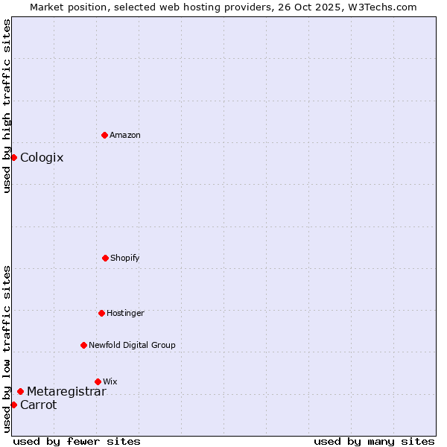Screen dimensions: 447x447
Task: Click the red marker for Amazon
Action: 105,135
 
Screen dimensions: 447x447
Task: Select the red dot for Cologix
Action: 13,157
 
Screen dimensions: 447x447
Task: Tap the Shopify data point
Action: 105,258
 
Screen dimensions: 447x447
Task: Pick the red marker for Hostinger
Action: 101,313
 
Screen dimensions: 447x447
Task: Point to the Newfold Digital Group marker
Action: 83,345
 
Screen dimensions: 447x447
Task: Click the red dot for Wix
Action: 98,381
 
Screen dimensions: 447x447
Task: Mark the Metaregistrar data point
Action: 20,391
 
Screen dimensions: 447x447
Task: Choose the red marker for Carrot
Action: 13,405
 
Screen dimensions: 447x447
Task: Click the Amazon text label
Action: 125,135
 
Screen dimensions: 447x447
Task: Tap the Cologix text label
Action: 42,157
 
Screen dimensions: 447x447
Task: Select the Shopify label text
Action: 125,258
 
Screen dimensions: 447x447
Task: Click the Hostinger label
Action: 125,313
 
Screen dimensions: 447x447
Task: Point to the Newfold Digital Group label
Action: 132,345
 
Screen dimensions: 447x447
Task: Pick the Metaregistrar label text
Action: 66,391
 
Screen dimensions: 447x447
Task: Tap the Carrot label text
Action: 38,405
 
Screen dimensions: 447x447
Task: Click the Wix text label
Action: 110,381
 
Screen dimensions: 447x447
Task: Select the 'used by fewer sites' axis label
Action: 77,441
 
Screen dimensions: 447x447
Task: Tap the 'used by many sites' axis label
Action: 374,441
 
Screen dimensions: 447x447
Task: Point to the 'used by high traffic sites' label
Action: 7,106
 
